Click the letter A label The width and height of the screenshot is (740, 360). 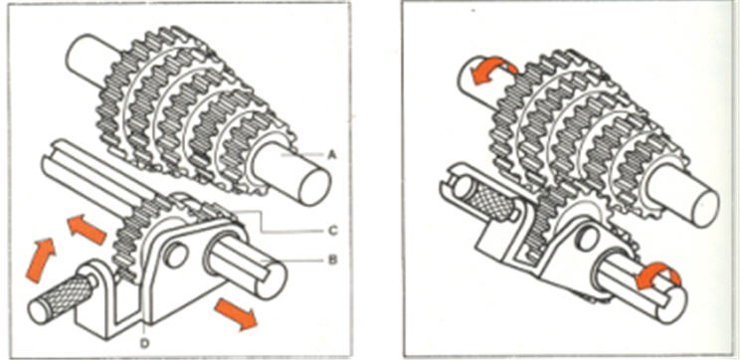[332, 154]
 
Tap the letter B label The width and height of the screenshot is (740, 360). [332, 260]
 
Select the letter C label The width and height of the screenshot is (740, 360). [332, 231]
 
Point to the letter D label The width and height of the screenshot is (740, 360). [144, 343]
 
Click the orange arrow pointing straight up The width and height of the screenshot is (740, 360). [41, 260]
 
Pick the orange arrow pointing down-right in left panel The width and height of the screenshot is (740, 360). [236, 314]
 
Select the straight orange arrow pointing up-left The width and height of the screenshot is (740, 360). [87, 229]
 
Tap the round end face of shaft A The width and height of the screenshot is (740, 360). [314, 187]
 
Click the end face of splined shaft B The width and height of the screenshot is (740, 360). [272, 281]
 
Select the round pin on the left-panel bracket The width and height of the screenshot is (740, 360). [176, 255]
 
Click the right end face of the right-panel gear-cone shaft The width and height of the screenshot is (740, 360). [705, 208]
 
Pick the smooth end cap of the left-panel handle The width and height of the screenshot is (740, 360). [39, 311]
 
